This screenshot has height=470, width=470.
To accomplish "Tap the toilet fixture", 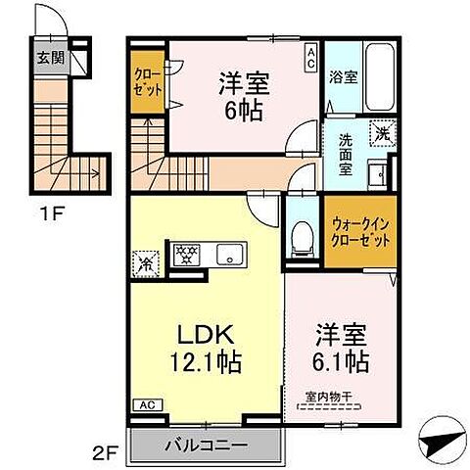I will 303,234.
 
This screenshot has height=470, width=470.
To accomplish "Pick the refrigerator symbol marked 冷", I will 144,261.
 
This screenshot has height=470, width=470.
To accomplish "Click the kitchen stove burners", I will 185,256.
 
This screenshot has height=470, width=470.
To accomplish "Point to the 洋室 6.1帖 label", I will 339,349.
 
